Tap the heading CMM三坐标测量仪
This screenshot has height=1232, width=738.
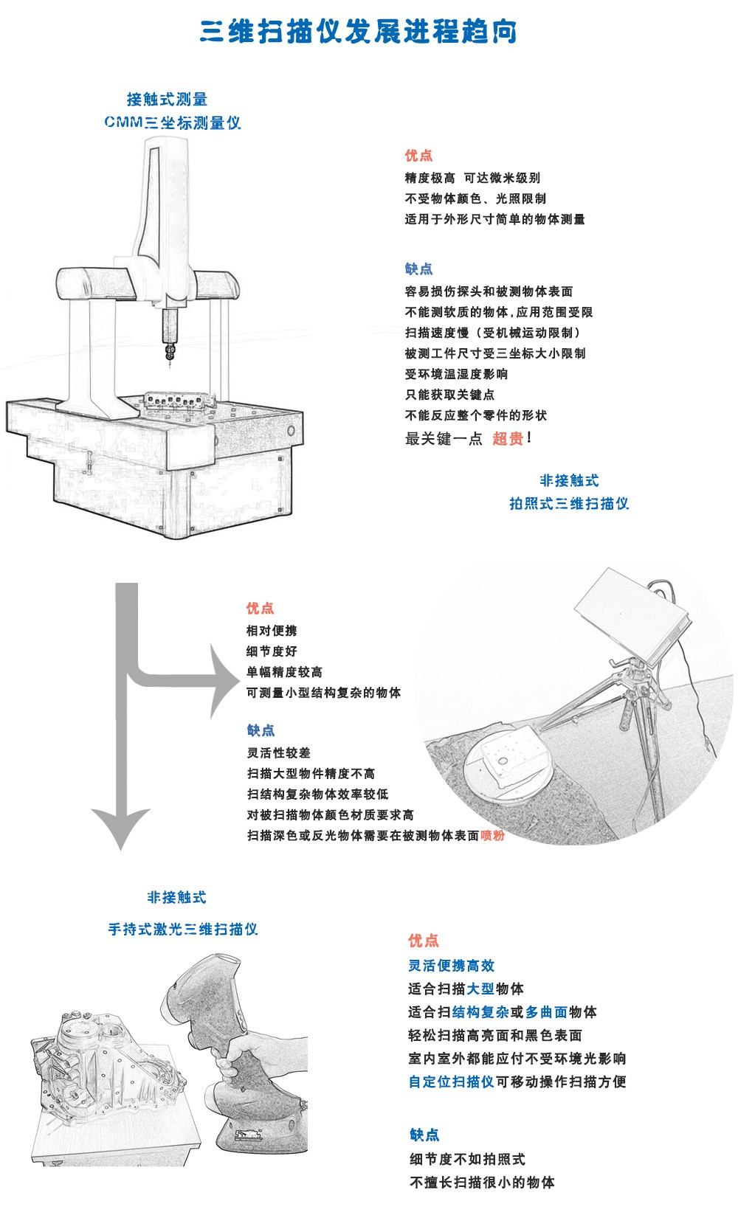click(x=172, y=122)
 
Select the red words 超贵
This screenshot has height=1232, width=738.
click(x=508, y=439)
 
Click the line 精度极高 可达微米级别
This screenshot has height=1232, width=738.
click(x=472, y=178)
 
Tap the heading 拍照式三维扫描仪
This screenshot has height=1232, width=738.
click(x=569, y=504)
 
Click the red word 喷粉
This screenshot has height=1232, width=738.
click(x=493, y=836)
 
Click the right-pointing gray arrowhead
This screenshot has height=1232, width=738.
click(x=224, y=681)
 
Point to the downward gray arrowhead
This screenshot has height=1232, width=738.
click(x=122, y=826)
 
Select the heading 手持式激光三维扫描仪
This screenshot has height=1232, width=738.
click(x=183, y=930)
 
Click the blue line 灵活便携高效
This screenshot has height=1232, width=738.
click(x=451, y=966)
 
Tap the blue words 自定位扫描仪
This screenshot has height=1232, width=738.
click(x=451, y=1082)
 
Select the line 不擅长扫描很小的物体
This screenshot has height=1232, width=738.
click(x=482, y=1183)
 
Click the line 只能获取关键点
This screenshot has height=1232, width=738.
click(x=449, y=395)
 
